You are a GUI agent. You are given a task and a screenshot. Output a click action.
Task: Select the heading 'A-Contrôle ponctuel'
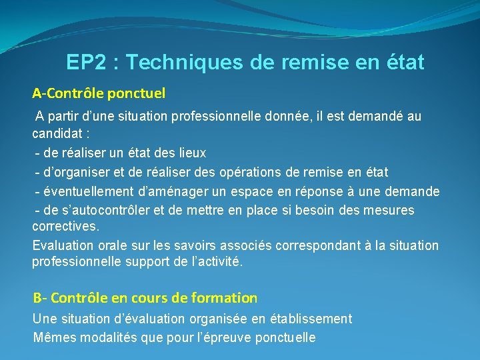[99, 93]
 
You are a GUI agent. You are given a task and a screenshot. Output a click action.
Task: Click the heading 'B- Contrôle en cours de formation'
[145, 298]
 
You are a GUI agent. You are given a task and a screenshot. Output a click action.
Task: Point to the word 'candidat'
[56, 135]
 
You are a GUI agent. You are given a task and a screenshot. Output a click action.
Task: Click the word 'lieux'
[191, 153]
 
